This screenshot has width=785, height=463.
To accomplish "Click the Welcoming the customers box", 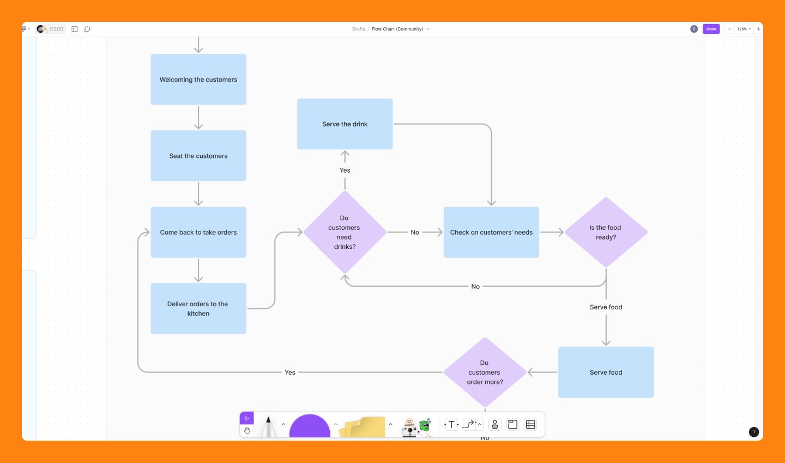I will click(x=198, y=80).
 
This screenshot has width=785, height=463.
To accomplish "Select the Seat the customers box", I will click(x=198, y=156).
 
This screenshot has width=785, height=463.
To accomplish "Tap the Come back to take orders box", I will click(x=198, y=232).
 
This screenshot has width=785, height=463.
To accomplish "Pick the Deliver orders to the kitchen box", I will click(x=198, y=308).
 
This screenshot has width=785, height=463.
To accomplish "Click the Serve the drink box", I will click(x=345, y=124).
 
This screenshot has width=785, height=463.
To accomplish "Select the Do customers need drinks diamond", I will click(x=345, y=232).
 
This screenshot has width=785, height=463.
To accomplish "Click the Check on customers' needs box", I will click(x=491, y=232).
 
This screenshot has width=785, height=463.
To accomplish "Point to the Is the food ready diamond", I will click(x=606, y=232).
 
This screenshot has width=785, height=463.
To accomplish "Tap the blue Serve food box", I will click(x=606, y=373).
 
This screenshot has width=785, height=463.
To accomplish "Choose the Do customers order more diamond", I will click(x=485, y=373).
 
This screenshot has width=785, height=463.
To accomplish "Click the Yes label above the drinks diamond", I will click(x=345, y=170).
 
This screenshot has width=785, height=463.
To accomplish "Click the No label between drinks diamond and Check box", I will click(x=415, y=233).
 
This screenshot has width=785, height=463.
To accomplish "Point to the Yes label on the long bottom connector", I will click(x=290, y=373).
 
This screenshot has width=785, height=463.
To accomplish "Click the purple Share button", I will click(x=711, y=29).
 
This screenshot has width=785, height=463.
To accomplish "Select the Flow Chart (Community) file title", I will click(x=397, y=29).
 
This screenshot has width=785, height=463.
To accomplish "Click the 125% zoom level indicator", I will click(x=742, y=29).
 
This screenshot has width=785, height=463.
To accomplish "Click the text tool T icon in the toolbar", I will click(x=451, y=424).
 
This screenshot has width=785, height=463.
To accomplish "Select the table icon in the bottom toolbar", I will click(x=530, y=424).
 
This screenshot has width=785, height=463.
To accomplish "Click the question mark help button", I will click(x=754, y=432).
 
